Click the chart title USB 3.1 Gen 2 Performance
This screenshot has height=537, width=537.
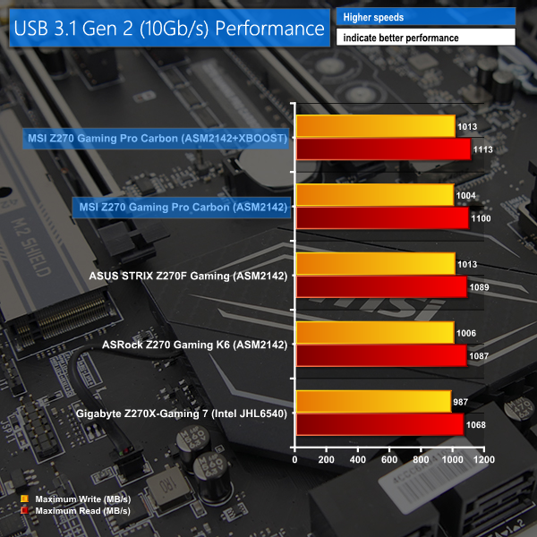pyautogui.click(x=167, y=28)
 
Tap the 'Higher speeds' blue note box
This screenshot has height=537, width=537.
pyautogui.click(x=425, y=17)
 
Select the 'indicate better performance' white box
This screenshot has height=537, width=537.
pyautogui.click(x=425, y=38)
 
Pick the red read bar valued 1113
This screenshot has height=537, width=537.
pyautogui.click(x=382, y=149)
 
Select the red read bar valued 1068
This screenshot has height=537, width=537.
pyautogui.click(x=379, y=424)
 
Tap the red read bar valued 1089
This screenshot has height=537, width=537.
pyautogui.click(x=380, y=287)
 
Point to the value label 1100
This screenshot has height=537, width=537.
pyautogui.click(x=482, y=218)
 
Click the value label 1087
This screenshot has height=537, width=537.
pyautogui.click(x=479, y=355)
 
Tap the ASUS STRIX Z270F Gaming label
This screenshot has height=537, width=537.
pyautogui.click(x=188, y=276)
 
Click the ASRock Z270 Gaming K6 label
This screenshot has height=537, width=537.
pyautogui.click(x=195, y=345)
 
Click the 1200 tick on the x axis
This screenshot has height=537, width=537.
pyautogui.click(x=484, y=459)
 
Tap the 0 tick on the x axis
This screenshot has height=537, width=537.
pyautogui.click(x=295, y=459)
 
